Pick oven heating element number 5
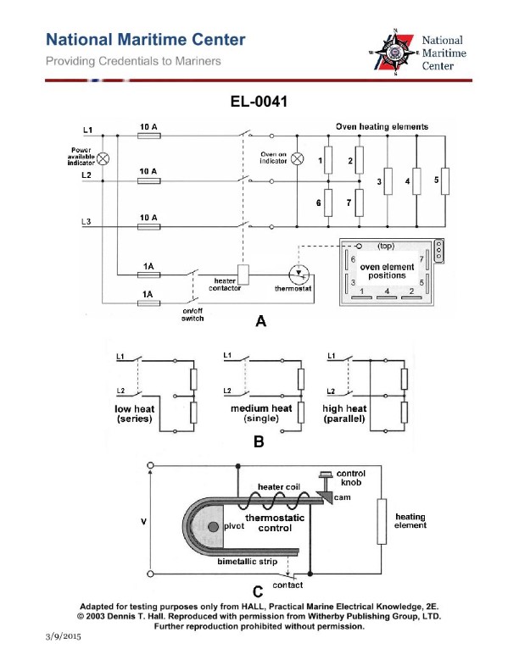coord(444,180)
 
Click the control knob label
coord(351,479)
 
